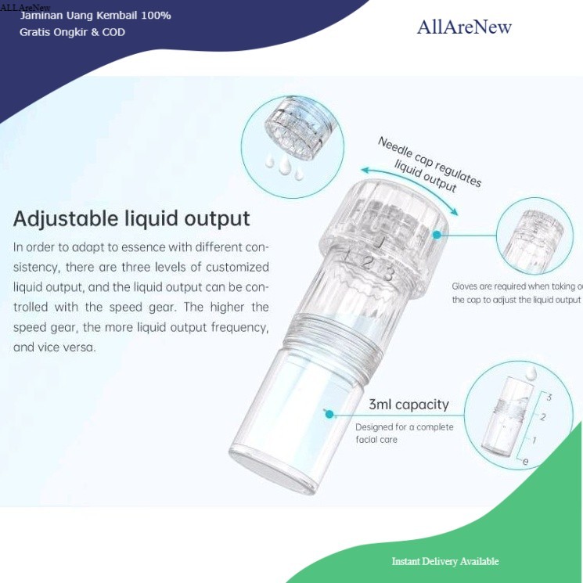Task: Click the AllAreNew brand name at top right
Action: [x=464, y=27]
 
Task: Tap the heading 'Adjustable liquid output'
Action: [x=131, y=218]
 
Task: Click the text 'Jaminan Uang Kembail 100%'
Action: [x=95, y=16]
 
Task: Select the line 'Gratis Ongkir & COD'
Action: [x=72, y=32]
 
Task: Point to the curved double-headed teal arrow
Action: [x=408, y=183]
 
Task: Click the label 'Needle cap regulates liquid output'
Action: [x=430, y=162]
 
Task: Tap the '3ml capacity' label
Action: [x=408, y=405]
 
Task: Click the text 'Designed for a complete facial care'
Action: [x=404, y=434]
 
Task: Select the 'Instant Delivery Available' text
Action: [x=444, y=561]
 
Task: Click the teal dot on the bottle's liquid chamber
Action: [x=329, y=414]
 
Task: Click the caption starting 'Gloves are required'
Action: [x=516, y=293]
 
